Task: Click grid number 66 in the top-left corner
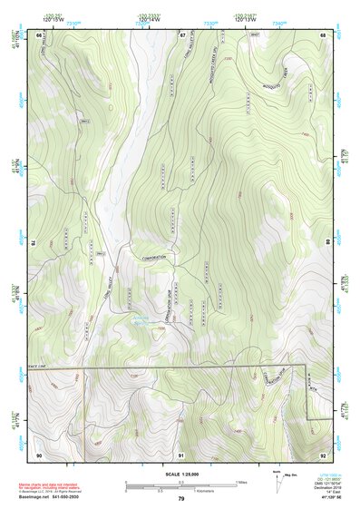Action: click(39, 34)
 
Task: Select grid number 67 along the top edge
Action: click(181, 34)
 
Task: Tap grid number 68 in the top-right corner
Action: click(323, 34)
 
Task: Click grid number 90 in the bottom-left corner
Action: click(39, 454)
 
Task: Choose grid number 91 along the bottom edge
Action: click(181, 454)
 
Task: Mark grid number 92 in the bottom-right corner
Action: click(323, 454)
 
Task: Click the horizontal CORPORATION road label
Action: click(161, 258)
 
